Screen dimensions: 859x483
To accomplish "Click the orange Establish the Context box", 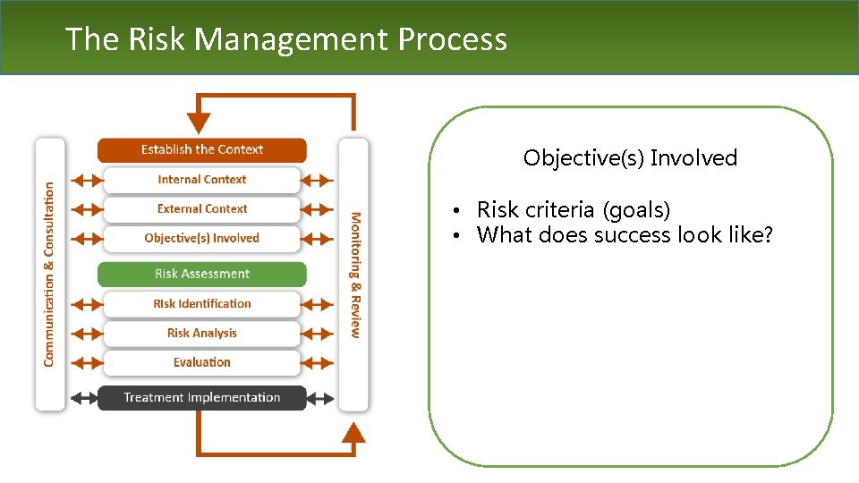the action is (x=201, y=149).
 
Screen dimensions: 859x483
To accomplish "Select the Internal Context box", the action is (x=201, y=180).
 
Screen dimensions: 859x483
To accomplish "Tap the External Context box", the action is (x=201, y=209).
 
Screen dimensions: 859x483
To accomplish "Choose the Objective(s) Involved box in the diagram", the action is (x=201, y=239).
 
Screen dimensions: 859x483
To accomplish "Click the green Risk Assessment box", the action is (x=201, y=274).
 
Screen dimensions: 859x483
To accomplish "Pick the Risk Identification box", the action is (x=201, y=304).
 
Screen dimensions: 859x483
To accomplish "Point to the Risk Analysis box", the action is (x=201, y=334).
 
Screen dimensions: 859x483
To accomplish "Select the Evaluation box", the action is (x=201, y=362).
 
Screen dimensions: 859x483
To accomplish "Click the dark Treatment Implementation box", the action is (x=201, y=398).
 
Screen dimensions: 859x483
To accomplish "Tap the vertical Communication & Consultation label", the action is (x=49, y=274).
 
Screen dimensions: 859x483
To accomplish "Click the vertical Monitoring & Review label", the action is (x=355, y=274).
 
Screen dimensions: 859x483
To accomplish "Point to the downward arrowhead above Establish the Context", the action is (x=200, y=123).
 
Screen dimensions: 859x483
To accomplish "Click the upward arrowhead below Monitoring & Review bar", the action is (x=354, y=434).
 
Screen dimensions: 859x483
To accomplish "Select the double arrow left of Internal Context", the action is (x=87, y=180).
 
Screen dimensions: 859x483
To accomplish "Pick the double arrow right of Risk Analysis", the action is (x=317, y=334).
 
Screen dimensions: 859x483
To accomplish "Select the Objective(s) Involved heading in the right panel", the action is (x=630, y=158).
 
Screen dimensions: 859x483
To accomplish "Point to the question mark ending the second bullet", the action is (x=767, y=235).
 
